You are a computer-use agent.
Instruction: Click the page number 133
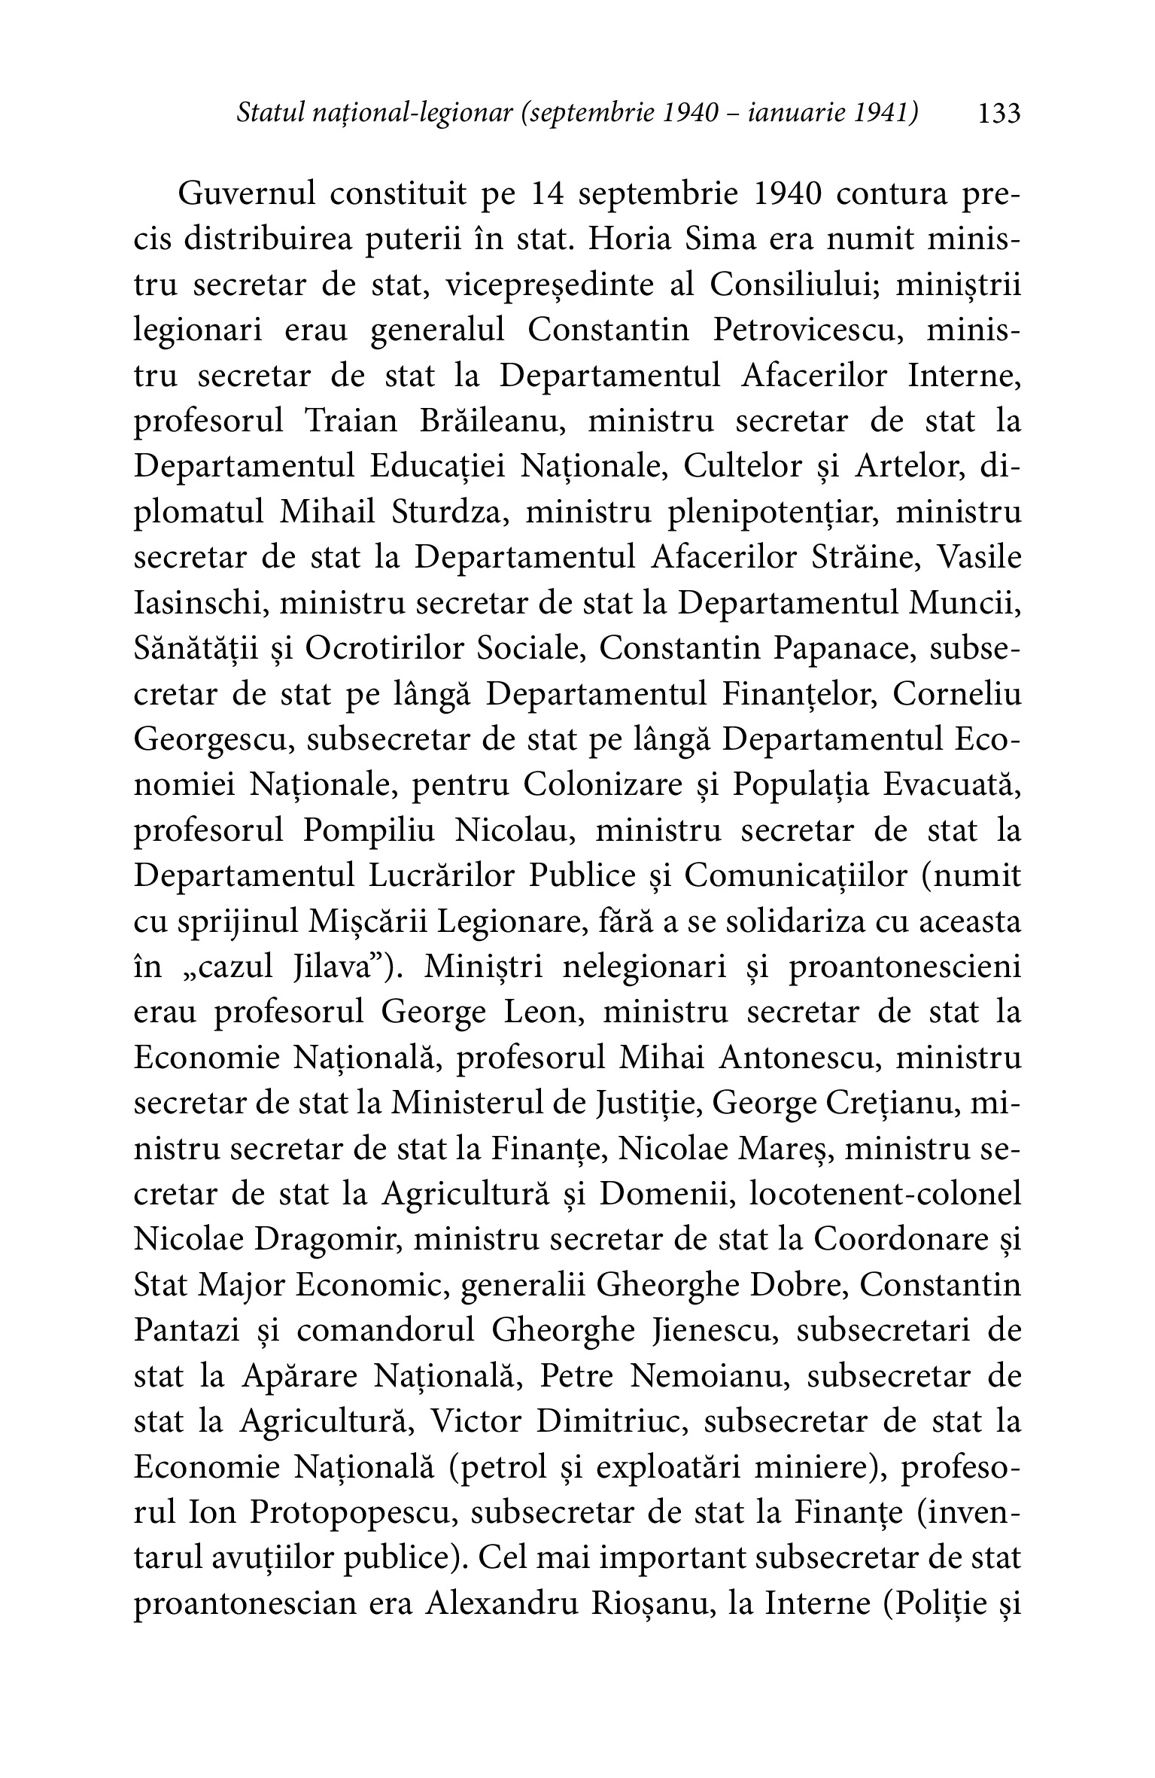pyautogui.click(x=998, y=114)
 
